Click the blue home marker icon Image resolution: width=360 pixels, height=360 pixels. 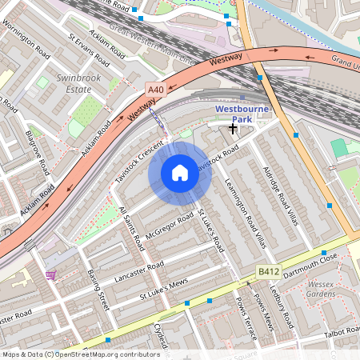[180, 173]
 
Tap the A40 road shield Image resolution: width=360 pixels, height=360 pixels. [155, 90]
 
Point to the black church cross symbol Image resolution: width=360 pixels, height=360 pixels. [233, 128]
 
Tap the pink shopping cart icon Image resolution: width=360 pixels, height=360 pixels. [51, 275]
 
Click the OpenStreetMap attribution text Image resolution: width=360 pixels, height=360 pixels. [82, 354]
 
